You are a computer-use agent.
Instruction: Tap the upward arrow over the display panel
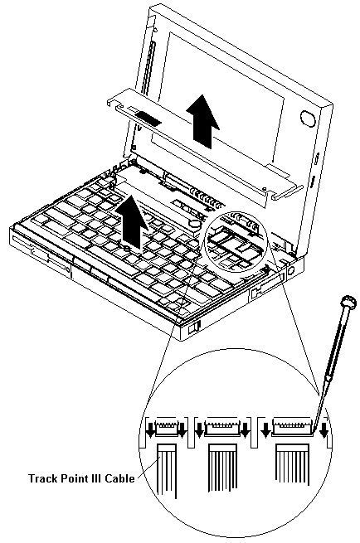click(202, 120)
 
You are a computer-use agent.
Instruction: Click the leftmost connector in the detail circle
click(165, 429)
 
